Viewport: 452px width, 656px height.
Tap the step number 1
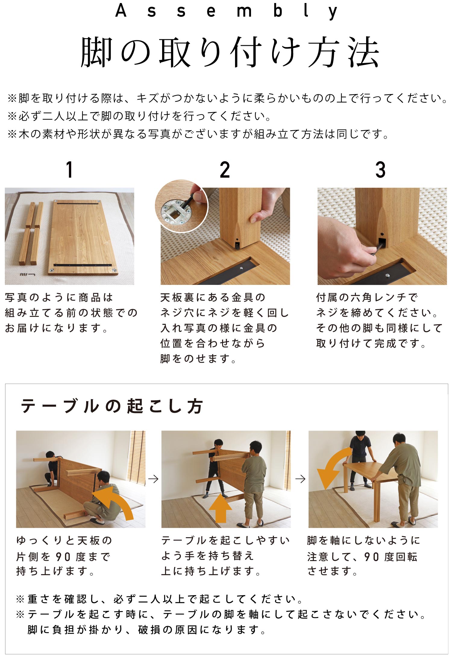tap(70, 169)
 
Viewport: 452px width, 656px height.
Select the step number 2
tap(225, 169)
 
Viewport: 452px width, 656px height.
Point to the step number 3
tap(380, 169)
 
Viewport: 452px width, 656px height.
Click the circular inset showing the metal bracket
tap(181, 206)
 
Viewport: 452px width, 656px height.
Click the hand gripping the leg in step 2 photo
tap(267, 205)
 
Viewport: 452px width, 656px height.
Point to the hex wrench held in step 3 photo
tap(379, 249)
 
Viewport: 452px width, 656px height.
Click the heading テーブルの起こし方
tap(112, 406)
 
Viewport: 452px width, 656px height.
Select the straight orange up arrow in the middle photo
tap(220, 508)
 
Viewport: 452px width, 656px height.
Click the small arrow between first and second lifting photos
tap(153, 479)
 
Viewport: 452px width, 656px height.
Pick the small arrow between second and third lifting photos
tap(300, 479)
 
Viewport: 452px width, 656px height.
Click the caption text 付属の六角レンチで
tap(367, 298)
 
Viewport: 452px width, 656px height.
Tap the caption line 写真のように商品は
tap(59, 298)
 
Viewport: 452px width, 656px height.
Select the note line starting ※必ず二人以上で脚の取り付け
tap(140, 116)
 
